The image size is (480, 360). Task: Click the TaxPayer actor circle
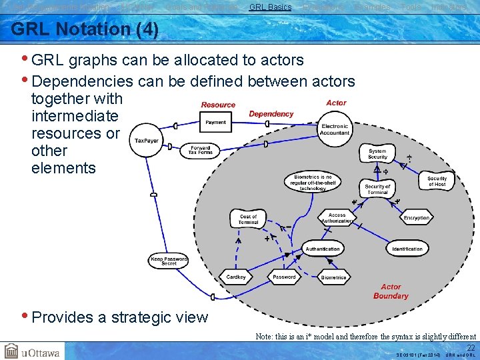[x=145, y=141]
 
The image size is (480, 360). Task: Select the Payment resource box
[x=215, y=122]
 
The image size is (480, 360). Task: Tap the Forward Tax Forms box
[x=201, y=150]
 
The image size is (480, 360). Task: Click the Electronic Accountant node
[x=335, y=129]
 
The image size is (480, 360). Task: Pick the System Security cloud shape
[x=377, y=154]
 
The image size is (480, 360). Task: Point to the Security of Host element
[x=437, y=181]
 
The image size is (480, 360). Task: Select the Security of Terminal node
[x=377, y=189]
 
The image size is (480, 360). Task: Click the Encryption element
[x=416, y=218]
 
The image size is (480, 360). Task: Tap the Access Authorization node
[x=337, y=218]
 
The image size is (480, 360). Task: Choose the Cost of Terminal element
[x=248, y=219]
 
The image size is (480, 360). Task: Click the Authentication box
[x=323, y=249]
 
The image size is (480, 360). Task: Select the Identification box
[x=407, y=249]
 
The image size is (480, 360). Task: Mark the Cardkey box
[x=236, y=277]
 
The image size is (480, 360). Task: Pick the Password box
[x=284, y=277]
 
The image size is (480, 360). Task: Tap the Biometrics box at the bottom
[x=333, y=277]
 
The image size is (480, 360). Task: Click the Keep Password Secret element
[x=169, y=261]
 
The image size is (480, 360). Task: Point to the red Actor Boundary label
[x=391, y=291]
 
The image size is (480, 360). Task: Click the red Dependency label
[x=271, y=114]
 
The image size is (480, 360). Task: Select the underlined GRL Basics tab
[x=270, y=7]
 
